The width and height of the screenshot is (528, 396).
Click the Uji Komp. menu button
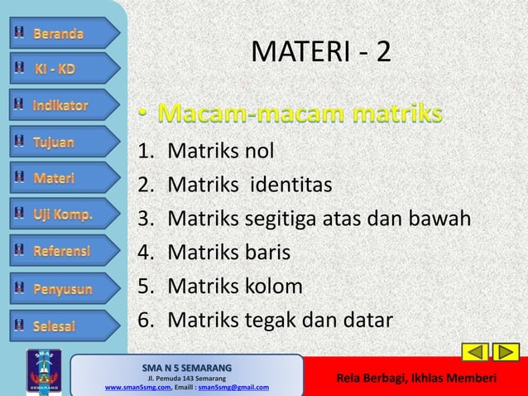click(x=62, y=215)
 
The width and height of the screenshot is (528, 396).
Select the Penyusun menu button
click(x=62, y=288)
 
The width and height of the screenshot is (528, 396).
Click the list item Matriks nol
click(x=220, y=151)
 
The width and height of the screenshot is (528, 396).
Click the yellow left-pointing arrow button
click(x=474, y=352)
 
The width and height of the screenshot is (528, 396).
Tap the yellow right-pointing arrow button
click(x=505, y=352)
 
